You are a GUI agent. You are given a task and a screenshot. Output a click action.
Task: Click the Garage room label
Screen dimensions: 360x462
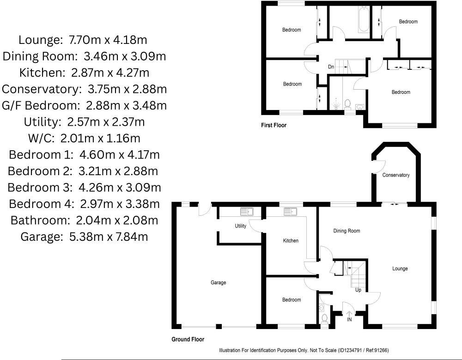pos(218,282)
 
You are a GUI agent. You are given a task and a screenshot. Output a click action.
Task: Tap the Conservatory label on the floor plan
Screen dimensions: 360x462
pos(396,175)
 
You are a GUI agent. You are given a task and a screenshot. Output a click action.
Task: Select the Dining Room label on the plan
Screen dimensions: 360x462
pos(346,231)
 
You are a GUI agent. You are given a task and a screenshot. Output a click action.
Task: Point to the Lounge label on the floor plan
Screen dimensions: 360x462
pos(400,268)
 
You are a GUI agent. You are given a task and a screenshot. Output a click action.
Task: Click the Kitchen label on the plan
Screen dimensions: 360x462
pos(291,241)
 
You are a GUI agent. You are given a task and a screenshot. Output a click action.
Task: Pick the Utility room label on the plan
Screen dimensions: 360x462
pos(240,226)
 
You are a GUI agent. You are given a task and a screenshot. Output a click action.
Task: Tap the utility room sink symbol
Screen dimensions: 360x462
pos(246,212)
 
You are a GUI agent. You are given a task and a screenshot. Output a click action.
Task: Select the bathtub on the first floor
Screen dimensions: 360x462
pos(364,19)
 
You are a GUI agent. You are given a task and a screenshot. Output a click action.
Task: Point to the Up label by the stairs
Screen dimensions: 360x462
pos(358,290)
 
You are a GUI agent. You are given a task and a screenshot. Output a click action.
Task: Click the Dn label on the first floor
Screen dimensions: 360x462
pos(331,67)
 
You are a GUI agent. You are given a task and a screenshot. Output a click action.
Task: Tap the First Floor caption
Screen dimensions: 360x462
pos(274,125)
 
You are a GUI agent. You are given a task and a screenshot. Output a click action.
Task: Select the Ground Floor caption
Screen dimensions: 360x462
pos(188,339)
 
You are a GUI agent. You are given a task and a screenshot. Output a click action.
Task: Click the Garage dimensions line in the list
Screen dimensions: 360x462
pos(84,237)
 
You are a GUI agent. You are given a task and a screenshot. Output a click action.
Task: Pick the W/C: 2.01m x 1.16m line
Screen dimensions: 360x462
pos(84,138)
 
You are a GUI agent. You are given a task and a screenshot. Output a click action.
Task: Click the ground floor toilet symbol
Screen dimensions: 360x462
pos(324,318)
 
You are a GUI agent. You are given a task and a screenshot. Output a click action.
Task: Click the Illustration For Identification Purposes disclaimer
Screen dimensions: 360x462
pos(306,350)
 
